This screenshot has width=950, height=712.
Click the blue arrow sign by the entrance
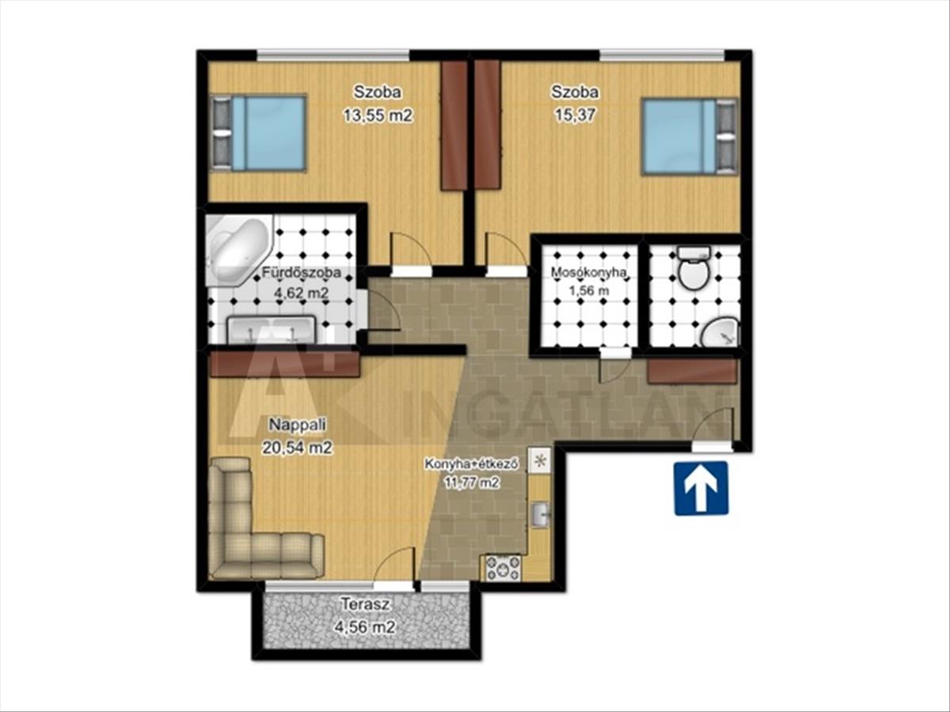(701, 488)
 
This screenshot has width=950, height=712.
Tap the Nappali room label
(298, 424)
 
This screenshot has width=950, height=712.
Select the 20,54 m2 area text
(297, 448)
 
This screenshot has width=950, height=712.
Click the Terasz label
(366, 604)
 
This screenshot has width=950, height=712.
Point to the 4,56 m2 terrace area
(366, 627)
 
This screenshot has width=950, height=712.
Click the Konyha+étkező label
(472, 464)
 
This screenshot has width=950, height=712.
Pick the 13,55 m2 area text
(378, 116)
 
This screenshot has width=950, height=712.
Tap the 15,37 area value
(575, 116)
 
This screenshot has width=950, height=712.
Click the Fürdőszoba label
(302, 273)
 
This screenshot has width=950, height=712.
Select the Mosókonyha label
(589, 272)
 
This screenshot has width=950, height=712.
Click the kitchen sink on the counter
(540, 514)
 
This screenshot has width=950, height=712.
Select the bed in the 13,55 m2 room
(259, 133)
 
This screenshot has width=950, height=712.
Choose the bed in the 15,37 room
(690, 137)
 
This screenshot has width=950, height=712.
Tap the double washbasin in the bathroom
(272, 330)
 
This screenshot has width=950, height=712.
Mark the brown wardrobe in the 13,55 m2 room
(454, 125)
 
